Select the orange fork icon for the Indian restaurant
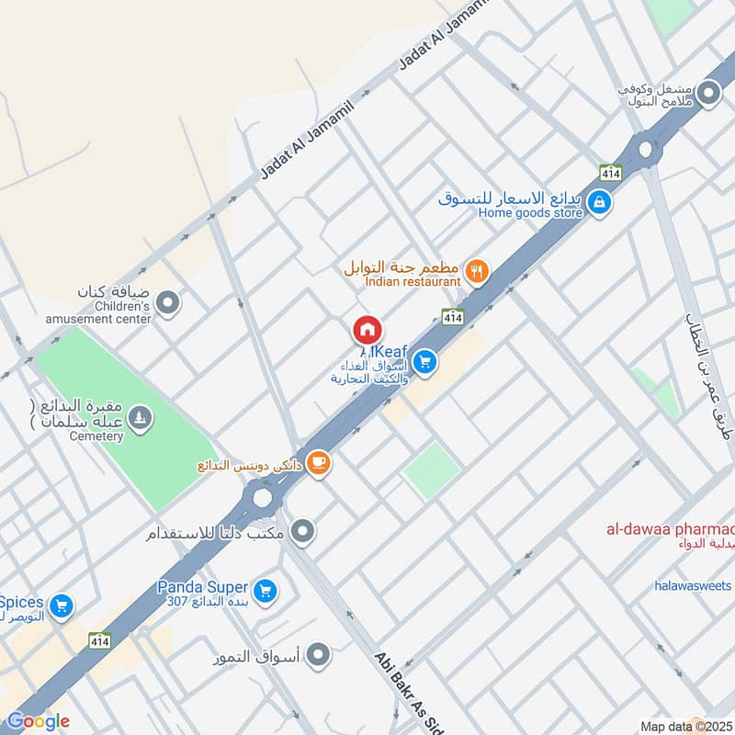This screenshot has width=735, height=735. tap(476, 270)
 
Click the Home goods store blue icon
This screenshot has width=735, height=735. tap(599, 201)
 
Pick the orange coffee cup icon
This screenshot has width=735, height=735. tap(318, 463)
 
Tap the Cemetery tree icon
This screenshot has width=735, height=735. tap(140, 419)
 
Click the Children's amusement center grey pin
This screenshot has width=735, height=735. tap(167, 301)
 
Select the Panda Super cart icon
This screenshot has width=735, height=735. tap(266, 590)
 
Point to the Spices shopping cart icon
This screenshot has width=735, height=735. tap(62, 605)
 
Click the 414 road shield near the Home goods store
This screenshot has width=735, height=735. tap(610, 172)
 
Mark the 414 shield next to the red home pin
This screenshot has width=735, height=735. tap(452, 316)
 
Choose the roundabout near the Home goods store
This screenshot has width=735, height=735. tap(646, 147)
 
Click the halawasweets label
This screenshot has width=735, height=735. tap(693, 585)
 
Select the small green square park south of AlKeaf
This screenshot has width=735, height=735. tap(431, 470)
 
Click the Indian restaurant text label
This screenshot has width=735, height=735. tap(413, 282)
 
